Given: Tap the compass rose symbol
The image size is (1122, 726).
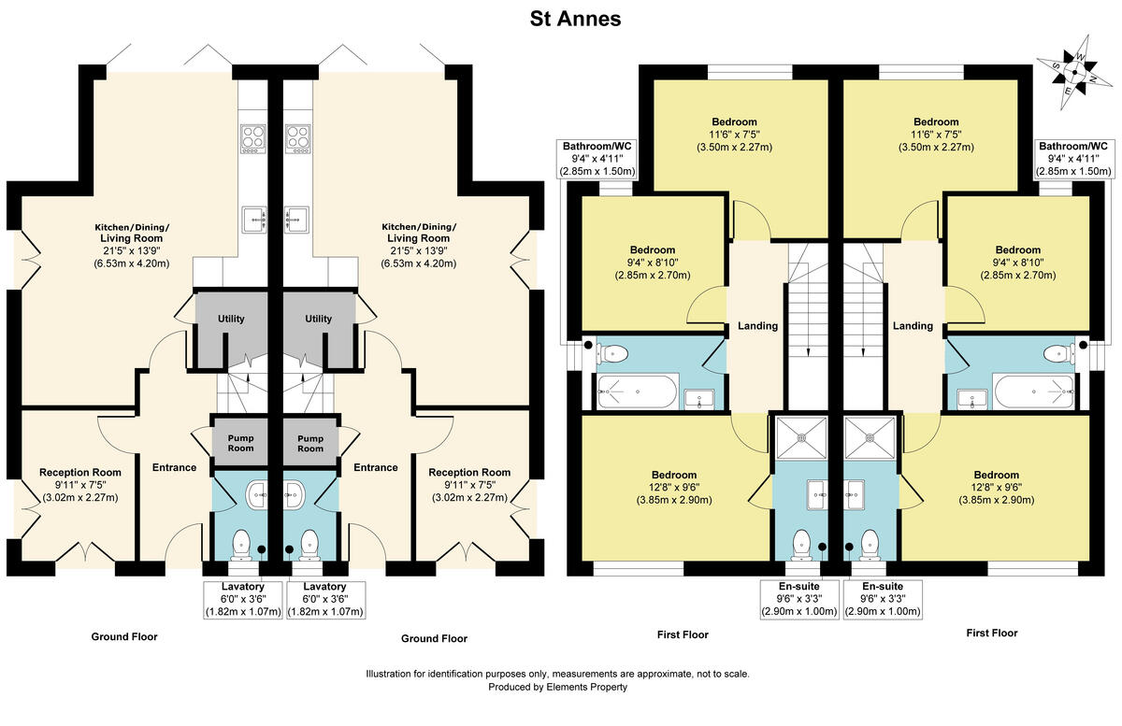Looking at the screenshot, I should [x=1076, y=70].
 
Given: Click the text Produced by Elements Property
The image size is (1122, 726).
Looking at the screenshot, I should [x=557, y=687].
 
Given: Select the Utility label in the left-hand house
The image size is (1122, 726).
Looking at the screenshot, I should [x=231, y=319].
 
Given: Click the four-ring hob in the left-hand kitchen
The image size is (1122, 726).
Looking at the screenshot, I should [x=253, y=138].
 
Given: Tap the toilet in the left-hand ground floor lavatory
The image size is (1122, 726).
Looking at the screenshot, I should [x=241, y=541].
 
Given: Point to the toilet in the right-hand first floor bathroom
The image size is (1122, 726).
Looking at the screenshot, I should [x=1057, y=353].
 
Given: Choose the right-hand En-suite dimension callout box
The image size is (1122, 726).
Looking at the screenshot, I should [x=883, y=599].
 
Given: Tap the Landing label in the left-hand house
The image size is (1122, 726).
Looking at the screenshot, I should [x=757, y=326].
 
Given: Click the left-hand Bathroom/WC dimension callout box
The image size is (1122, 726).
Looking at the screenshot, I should [x=597, y=159].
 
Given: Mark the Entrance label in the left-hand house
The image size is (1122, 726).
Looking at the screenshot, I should [x=174, y=467].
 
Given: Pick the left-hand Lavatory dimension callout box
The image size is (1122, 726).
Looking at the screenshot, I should [x=230, y=599].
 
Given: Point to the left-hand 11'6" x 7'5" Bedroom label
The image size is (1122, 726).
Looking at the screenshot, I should [x=734, y=135].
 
